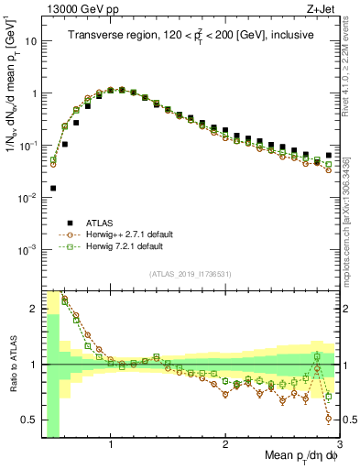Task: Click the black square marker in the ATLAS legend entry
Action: click(x=70, y=223)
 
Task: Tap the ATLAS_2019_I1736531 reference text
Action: click(x=191, y=275)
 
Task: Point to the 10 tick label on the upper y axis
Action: click(x=30, y=41)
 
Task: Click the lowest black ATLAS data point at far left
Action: click(x=53, y=188)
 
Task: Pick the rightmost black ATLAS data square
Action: click(x=329, y=156)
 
